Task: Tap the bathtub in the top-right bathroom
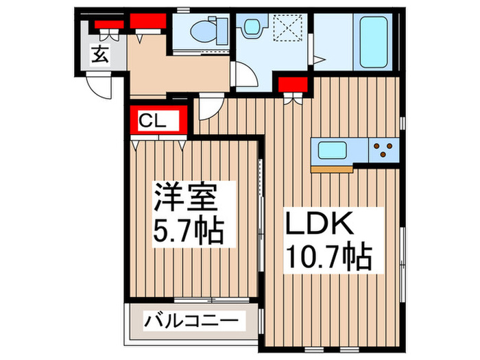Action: (374, 41)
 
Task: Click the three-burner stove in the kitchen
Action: (383, 148)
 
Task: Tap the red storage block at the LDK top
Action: (293, 85)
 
